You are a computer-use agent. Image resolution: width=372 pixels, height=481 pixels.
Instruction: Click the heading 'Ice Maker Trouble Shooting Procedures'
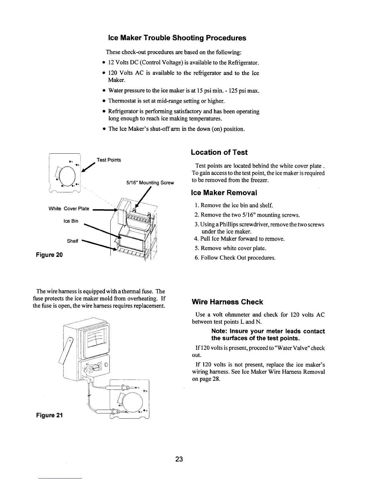pyautogui.click(x=177, y=38)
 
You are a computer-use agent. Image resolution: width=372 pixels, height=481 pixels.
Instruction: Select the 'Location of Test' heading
pyautogui.click(x=219, y=152)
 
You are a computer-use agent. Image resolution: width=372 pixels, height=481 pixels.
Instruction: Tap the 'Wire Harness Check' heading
pyautogui.click(x=227, y=302)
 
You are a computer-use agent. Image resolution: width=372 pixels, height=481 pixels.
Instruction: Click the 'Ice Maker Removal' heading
pyautogui.click(x=224, y=193)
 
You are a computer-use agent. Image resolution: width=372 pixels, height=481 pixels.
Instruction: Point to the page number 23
pyautogui.click(x=179, y=459)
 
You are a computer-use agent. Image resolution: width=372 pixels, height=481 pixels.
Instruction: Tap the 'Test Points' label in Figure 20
pyautogui.click(x=108, y=160)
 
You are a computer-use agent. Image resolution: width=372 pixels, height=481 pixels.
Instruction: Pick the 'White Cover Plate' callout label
pyautogui.click(x=69, y=209)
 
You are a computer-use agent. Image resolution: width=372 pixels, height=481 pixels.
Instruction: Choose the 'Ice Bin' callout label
pyautogui.click(x=71, y=221)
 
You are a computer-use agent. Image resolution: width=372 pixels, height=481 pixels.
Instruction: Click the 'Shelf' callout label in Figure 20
pyautogui.click(x=72, y=241)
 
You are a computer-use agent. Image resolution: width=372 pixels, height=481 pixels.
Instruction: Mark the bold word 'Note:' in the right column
pyautogui.click(x=220, y=331)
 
